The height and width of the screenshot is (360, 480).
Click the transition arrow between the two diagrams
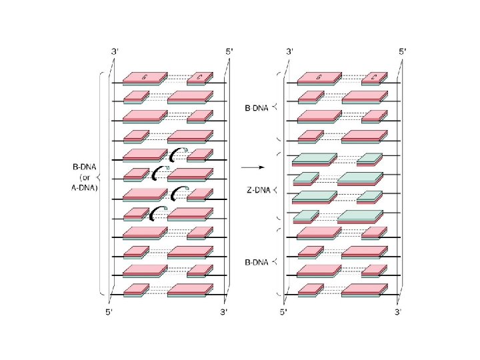[249, 166]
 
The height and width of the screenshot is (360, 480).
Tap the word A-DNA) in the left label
[84, 188]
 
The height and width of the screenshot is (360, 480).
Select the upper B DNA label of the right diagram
[255, 106]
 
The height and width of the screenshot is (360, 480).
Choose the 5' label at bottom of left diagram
[108, 311]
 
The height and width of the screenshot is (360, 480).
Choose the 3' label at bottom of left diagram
[225, 311]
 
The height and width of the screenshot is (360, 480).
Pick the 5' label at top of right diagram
[403, 51]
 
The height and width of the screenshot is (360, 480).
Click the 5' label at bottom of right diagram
[283, 311]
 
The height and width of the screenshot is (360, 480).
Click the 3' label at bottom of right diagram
[398, 311]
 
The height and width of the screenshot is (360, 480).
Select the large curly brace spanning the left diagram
[100, 180]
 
